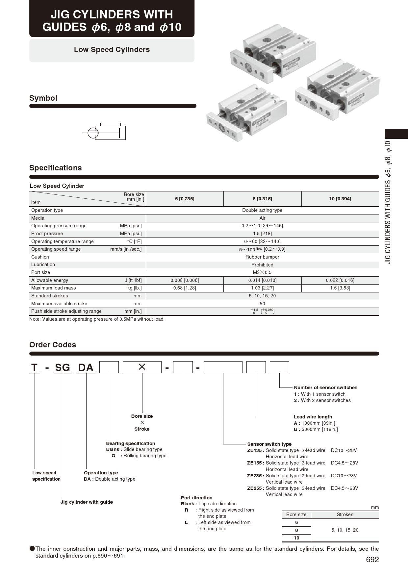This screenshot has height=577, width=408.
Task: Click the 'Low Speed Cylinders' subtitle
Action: [x=112, y=50]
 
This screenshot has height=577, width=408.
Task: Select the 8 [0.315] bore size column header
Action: [x=262, y=199]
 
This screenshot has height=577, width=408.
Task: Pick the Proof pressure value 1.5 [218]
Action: [x=262, y=234]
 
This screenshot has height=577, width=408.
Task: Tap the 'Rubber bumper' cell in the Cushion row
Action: [x=262, y=257]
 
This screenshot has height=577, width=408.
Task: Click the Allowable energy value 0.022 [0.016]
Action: [x=340, y=280]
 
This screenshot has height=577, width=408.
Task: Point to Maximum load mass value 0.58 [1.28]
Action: [x=185, y=288]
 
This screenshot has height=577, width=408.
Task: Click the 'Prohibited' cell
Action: [x=262, y=265]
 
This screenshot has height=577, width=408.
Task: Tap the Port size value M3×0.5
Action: [x=262, y=272]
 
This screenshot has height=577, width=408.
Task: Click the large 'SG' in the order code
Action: [x=63, y=367]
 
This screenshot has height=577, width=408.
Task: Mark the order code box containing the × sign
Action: [x=142, y=367]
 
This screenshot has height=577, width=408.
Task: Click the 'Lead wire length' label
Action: [x=313, y=417]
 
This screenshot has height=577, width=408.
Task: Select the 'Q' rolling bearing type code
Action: [x=114, y=456]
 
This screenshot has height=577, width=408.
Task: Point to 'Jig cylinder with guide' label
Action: [x=87, y=502]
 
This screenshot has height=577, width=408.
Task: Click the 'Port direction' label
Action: [x=196, y=498]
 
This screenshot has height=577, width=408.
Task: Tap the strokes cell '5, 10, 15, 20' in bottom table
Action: [x=345, y=530]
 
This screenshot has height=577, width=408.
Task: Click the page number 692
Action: [x=372, y=560]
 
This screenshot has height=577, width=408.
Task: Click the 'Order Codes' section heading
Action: [x=53, y=345]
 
